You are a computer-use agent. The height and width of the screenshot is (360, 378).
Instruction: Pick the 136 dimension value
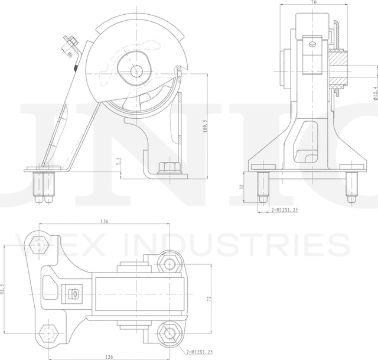point(105,222)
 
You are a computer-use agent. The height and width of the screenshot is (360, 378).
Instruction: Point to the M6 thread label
point(70,54)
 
